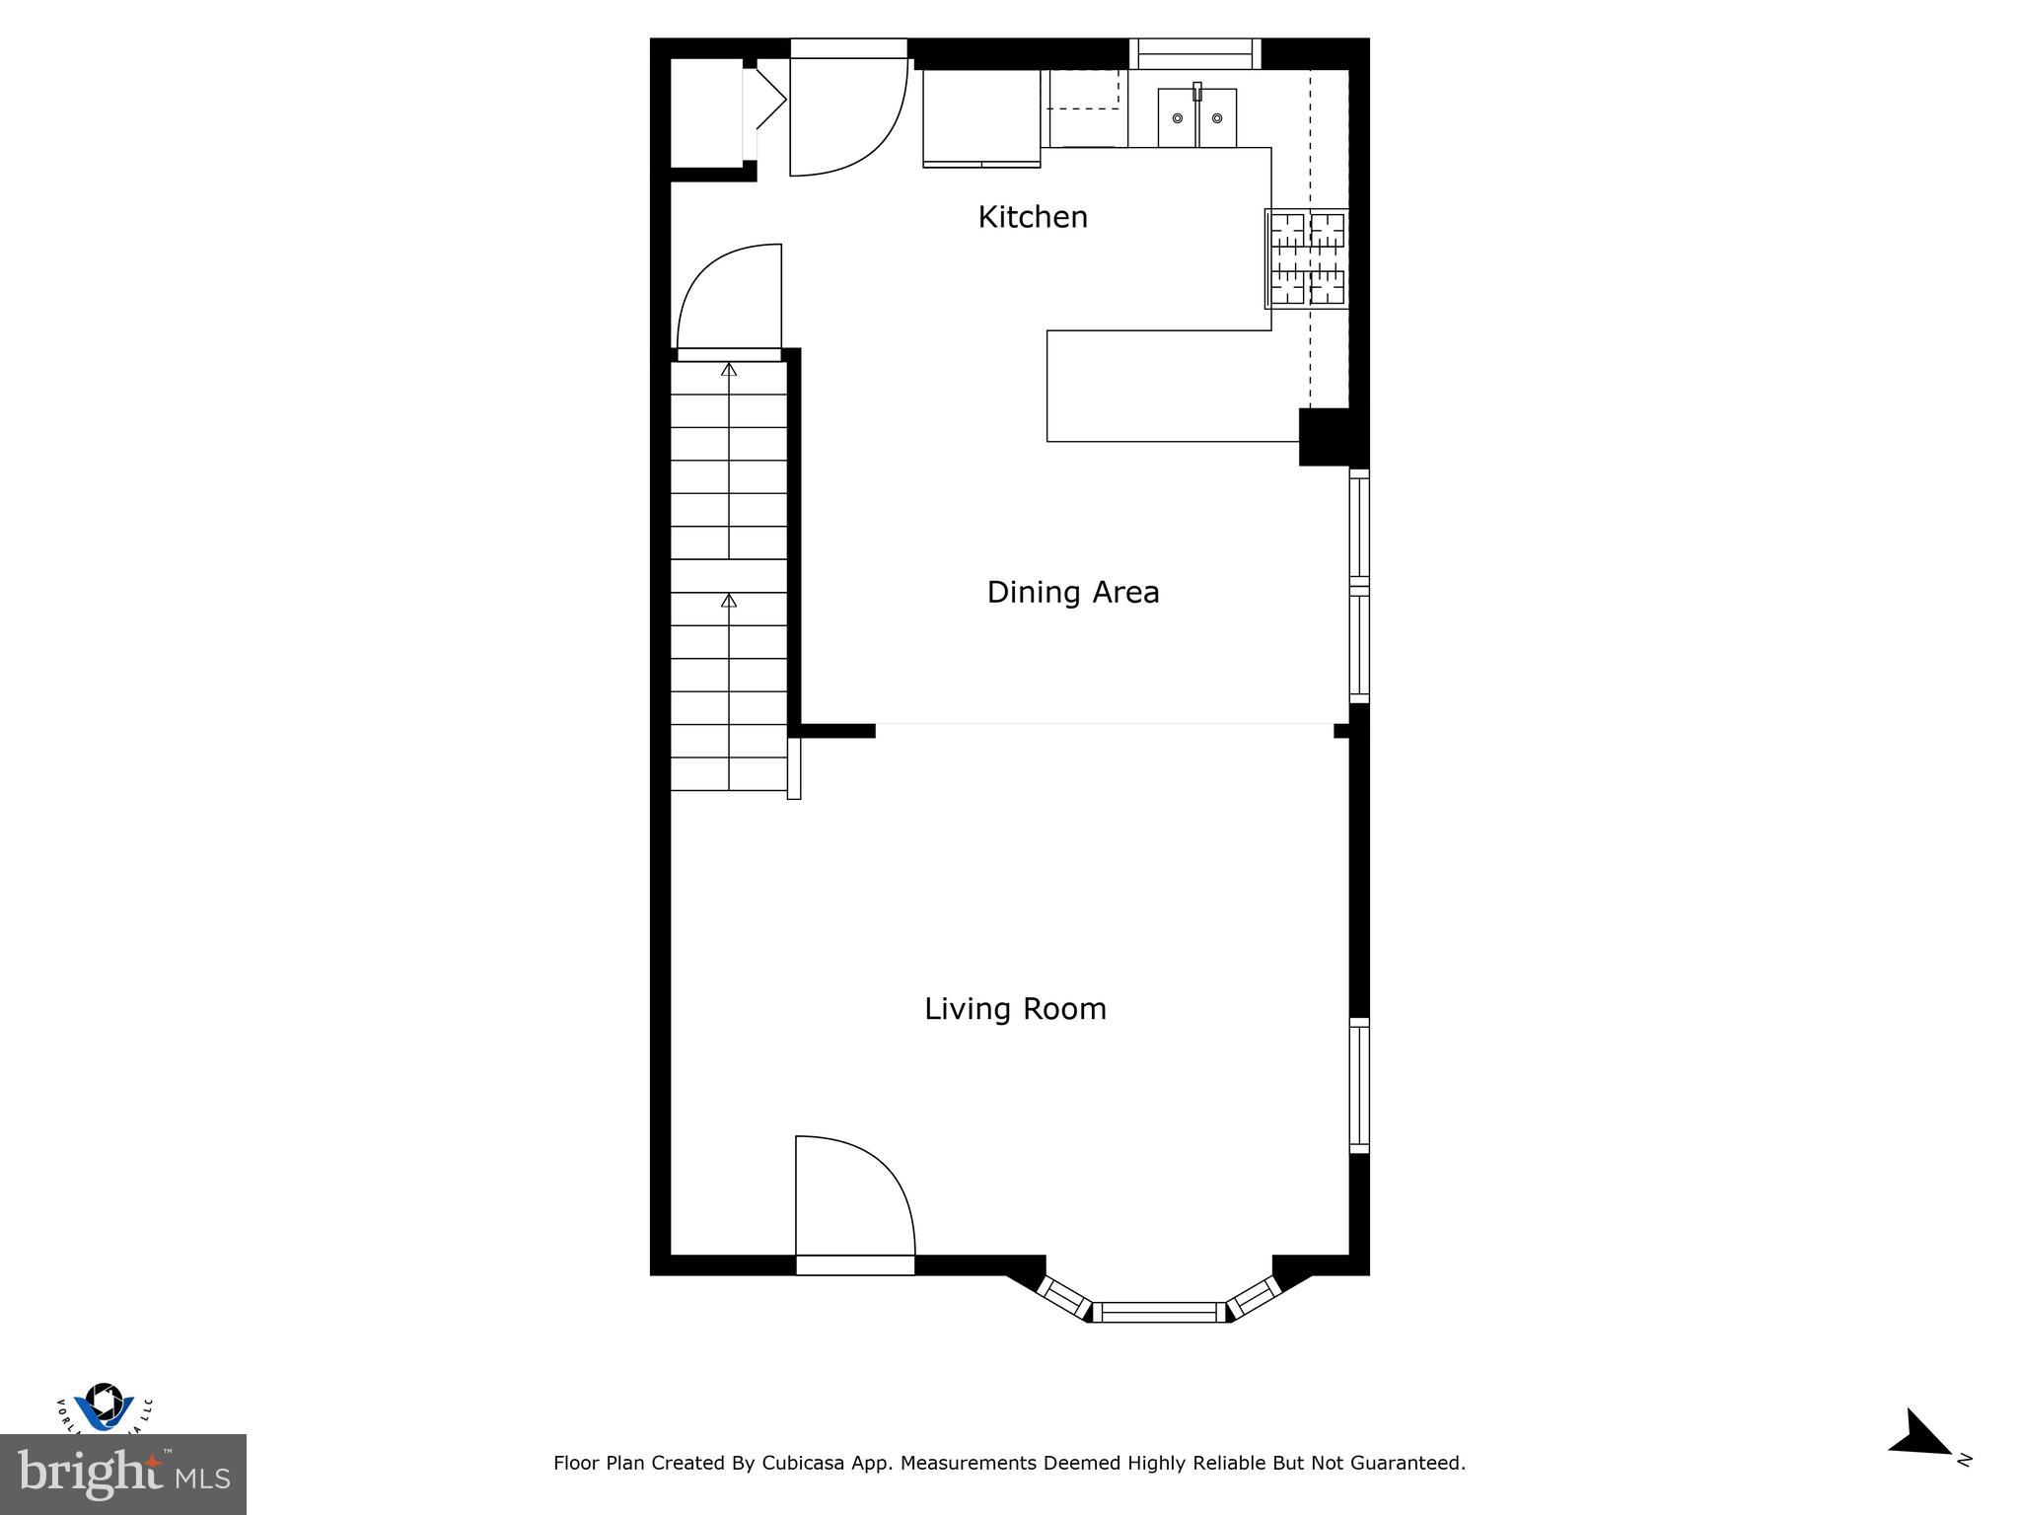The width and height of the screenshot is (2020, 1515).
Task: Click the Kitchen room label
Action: click(x=1033, y=217)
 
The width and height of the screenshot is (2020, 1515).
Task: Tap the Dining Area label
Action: click(x=1073, y=592)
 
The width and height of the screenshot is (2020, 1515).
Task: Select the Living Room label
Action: click(x=1015, y=1009)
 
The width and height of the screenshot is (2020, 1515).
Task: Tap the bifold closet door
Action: click(x=766, y=99)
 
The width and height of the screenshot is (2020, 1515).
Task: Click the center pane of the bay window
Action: click(x=1159, y=1312)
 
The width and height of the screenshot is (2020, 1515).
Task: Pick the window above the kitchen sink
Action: click(x=1194, y=53)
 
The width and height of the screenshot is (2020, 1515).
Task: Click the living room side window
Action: click(x=1359, y=1085)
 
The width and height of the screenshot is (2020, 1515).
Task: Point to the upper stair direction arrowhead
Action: click(x=729, y=370)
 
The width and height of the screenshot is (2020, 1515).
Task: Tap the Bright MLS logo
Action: click(x=122, y=1474)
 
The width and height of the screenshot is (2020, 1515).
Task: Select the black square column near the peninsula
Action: click(x=1324, y=436)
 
